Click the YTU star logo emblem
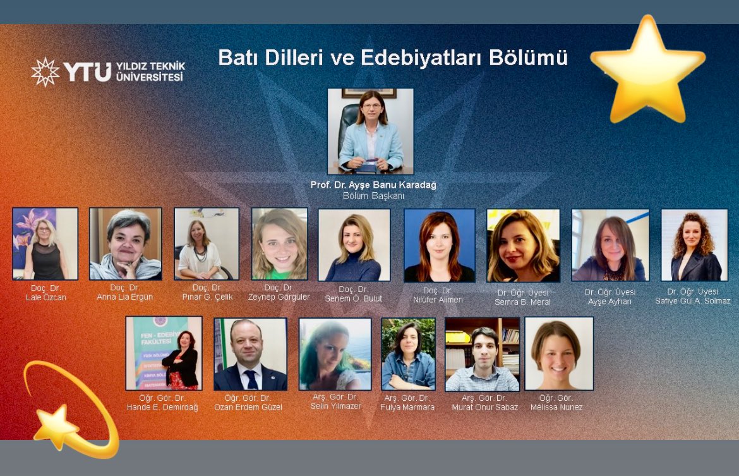coord(45,71)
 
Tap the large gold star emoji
coord(647,70)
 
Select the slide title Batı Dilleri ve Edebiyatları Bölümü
coord(393,58)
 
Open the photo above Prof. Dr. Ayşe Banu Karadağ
coord(370,131)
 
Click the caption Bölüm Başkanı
coord(373,196)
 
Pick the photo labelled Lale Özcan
coord(45,243)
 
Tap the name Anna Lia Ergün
coord(124,297)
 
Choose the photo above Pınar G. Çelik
coord(207,243)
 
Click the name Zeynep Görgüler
coord(279,297)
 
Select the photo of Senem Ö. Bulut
coord(354,245)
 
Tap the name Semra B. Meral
coord(522,302)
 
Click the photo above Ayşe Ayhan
coord(610,245)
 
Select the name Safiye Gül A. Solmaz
coord(692,301)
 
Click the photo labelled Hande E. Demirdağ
coord(164,353)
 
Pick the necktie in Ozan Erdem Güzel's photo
coord(251,379)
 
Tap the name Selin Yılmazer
coord(335,406)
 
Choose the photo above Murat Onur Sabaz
coord(482,354)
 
